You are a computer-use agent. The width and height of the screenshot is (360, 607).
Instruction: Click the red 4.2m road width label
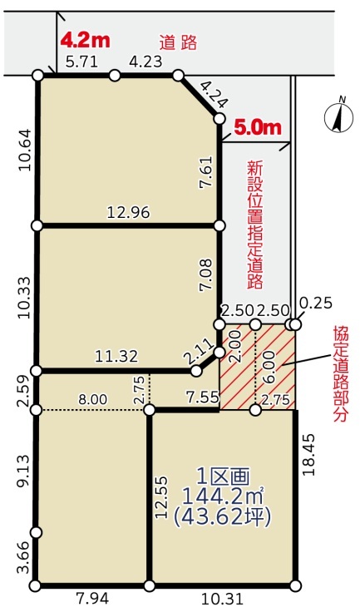[x=86, y=40]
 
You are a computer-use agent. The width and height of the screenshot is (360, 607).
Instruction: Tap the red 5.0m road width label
[x=258, y=127]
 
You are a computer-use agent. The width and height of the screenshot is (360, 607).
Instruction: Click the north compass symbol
[x=339, y=116]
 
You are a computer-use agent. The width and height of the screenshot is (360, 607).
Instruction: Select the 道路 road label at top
[x=179, y=42]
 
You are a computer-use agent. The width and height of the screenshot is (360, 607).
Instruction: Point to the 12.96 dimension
[x=128, y=213]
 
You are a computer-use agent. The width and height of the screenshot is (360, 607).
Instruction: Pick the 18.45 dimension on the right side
[x=309, y=455]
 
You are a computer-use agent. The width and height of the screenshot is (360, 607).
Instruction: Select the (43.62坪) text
[x=222, y=516]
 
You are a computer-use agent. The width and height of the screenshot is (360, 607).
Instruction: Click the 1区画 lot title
[x=223, y=476]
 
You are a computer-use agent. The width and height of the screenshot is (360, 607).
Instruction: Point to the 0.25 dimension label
[x=316, y=303]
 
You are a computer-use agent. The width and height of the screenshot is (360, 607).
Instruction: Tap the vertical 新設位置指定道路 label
[x=255, y=225]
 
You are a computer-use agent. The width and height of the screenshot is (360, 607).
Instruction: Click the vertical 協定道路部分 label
[x=341, y=373]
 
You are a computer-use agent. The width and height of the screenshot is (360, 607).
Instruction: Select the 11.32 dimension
[x=116, y=356]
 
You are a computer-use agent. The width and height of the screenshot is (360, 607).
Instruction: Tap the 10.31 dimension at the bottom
[x=222, y=599]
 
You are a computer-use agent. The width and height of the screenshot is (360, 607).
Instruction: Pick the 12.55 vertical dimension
[x=161, y=496]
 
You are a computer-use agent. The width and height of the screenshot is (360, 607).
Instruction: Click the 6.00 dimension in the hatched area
[x=269, y=366]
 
